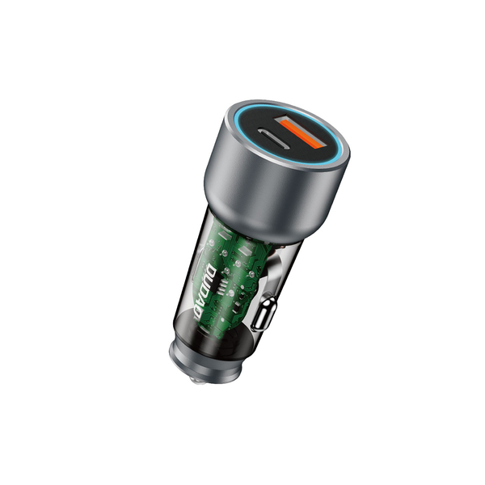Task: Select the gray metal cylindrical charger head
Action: pyautogui.click(x=267, y=194)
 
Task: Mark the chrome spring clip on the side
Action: pyautogui.click(x=264, y=313)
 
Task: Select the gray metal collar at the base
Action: pyautogui.click(x=194, y=356)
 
